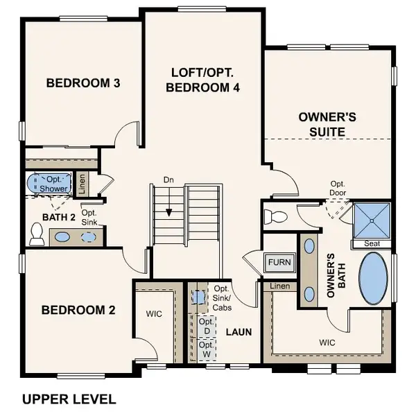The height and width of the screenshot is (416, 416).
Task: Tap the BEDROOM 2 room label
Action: (x=78, y=310)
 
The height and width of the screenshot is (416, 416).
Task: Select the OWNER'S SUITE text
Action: (x=327, y=123)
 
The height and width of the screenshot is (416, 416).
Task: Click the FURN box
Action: (x=281, y=263)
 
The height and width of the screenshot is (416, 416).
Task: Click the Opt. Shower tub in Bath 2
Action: (x=49, y=184)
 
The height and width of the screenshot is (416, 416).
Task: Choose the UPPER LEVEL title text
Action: (x=69, y=399)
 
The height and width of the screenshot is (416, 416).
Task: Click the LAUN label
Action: (x=238, y=332)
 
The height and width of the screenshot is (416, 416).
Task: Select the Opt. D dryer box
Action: (x=206, y=326)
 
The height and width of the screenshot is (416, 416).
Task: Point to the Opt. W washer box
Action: (x=206, y=349)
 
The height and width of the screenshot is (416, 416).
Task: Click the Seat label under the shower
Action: (x=372, y=244)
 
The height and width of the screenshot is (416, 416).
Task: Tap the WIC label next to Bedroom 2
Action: (x=154, y=314)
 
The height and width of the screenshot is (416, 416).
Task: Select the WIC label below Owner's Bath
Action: (x=327, y=342)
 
